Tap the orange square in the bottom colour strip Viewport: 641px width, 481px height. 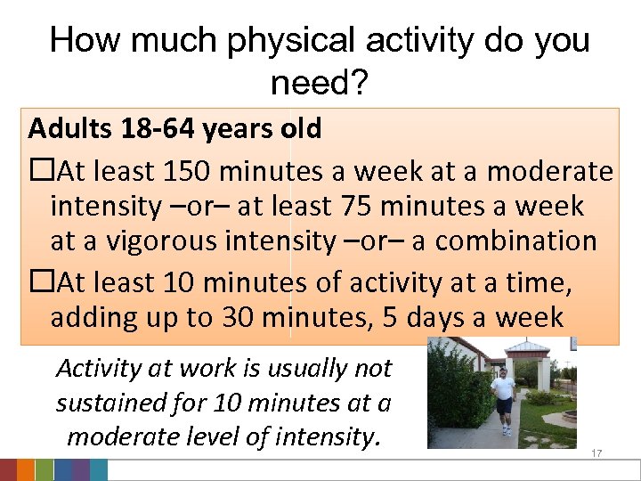tap(26, 470)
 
